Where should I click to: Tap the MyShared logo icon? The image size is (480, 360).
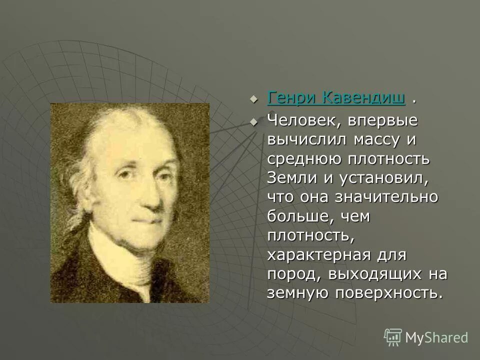(x=393, y=337)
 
